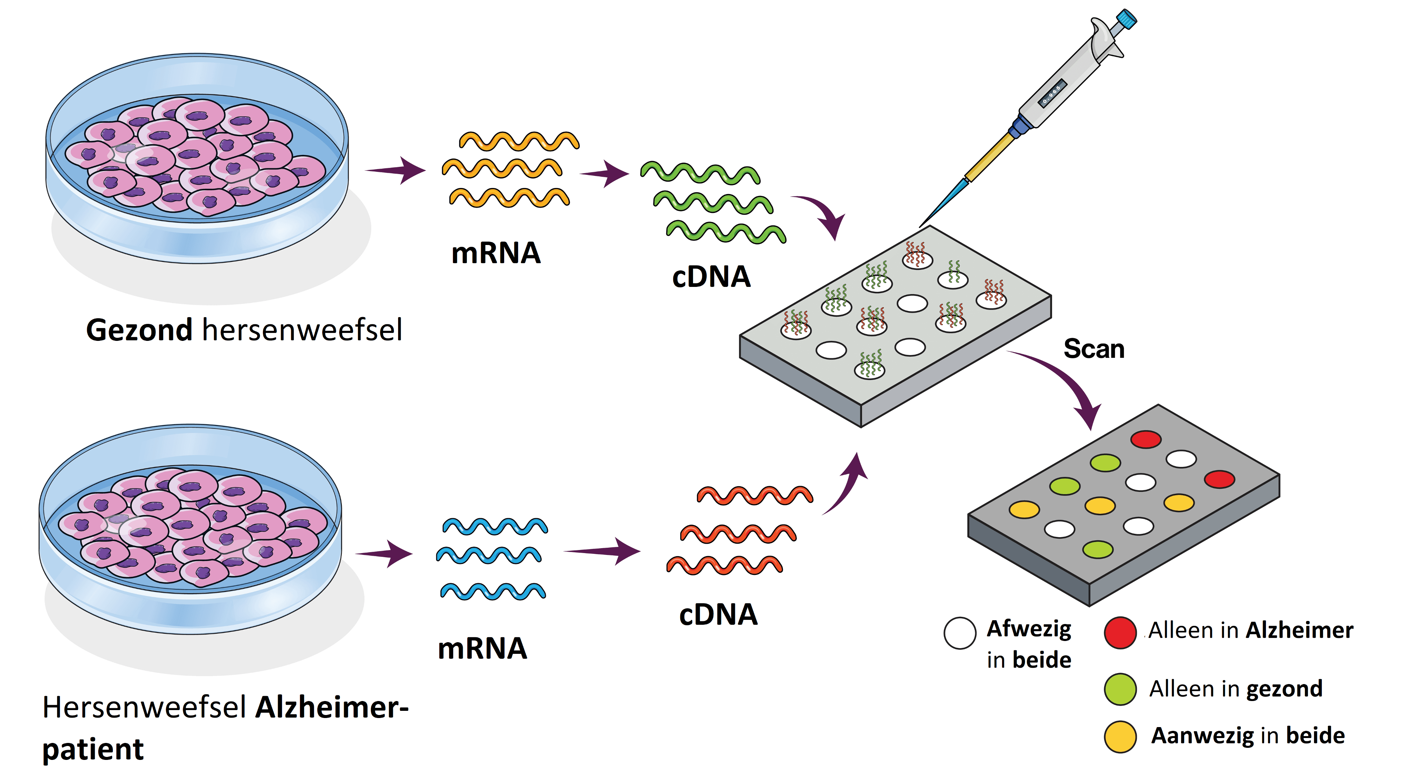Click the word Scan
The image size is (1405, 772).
1093,349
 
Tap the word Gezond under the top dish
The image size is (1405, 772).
139,330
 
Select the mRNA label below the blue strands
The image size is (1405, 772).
482,649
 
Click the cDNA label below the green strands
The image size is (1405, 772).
711,277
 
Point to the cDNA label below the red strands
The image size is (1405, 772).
718,615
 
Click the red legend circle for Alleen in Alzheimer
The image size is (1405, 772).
1120,632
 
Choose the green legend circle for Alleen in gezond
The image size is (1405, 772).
1120,689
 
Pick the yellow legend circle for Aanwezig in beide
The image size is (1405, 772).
1120,737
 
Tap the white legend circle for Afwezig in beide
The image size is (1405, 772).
959,633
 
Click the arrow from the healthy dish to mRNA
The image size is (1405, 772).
395,171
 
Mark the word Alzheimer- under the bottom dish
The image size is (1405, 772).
332,708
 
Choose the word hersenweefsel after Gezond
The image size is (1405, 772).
302,330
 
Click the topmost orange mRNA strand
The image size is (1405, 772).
519,141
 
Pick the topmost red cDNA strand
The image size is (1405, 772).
755,495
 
